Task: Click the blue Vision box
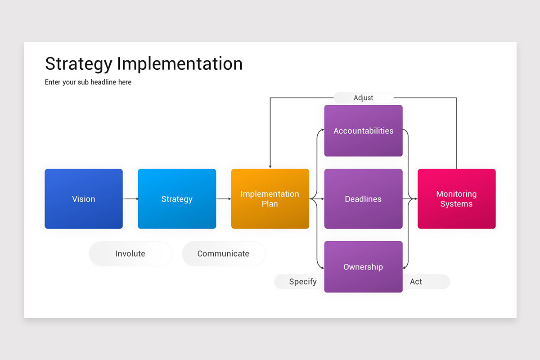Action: [x=84, y=199]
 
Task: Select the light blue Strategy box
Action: [x=177, y=199]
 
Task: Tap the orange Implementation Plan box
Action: [x=270, y=199]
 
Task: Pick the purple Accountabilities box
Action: [x=363, y=131]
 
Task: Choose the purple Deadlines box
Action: [x=363, y=199]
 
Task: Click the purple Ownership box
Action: [x=363, y=267]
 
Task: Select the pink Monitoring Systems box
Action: [x=456, y=199]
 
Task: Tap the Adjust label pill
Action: [x=363, y=98]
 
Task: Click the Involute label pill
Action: [x=130, y=254]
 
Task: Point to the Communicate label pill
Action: [x=223, y=254]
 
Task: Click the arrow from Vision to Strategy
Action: [x=130, y=199]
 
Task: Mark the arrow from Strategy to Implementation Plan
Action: [x=224, y=199]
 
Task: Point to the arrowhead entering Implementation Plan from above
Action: [x=270, y=166]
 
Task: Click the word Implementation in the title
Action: [x=180, y=64]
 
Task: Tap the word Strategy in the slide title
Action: [x=78, y=64]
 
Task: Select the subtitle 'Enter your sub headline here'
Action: [x=88, y=82]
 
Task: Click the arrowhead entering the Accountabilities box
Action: [x=322, y=130]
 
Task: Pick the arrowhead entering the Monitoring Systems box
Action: [x=415, y=199]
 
